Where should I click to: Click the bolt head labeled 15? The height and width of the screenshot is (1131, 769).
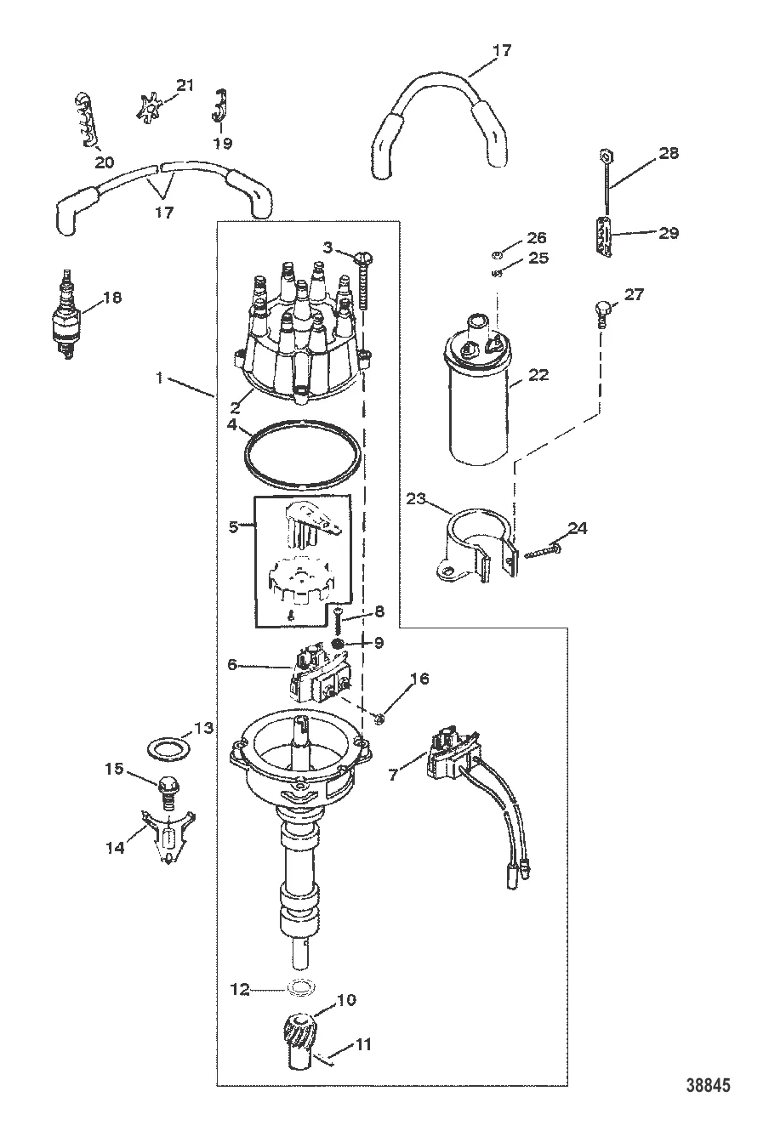[165, 781]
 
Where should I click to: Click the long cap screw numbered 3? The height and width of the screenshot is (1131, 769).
[366, 289]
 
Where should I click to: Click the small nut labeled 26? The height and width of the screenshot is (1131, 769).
[498, 253]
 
